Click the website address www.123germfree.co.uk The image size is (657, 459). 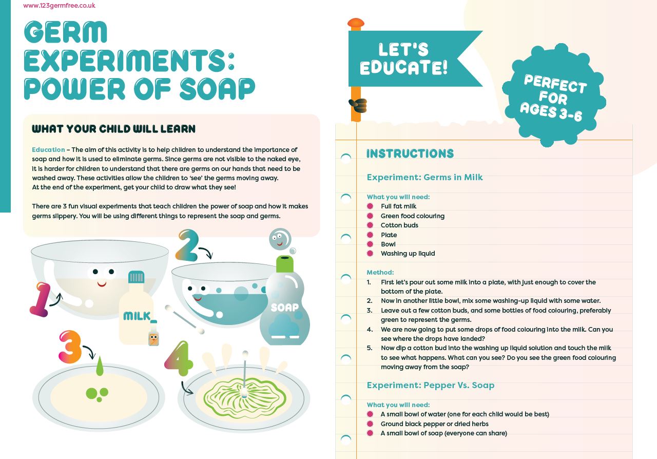pyautogui.click(x=59, y=5)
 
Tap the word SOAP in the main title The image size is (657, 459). pyautogui.click(x=217, y=89)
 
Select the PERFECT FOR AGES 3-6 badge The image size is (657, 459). pyautogui.click(x=554, y=95)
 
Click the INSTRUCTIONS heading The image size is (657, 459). pyautogui.click(x=410, y=154)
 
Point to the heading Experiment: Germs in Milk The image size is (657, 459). pyautogui.click(x=424, y=177)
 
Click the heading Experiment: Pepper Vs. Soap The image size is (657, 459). pyautogui.click(x=431, y=385)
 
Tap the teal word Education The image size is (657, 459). pyautogui.click(x=48, y=150)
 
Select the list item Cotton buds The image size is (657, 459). pyautogui.click(x=399, y=225)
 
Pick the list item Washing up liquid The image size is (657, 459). pyautogui.click(x=408, y=254)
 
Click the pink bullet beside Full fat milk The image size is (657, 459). pyautogui.click(x=370, y=206)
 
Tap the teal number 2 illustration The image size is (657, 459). pyautogui.click(x=187, y=245)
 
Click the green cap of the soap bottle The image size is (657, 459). pyautogui.click(x=284, y=264)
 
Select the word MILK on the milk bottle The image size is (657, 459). pyautogui.click(x=137, y=316)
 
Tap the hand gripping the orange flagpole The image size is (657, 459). pyautogui.click(x=358, y=106)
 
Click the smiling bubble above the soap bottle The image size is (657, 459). pyautogui.click(x=280, y=239)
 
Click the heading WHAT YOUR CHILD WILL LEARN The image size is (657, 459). pyautogui.click(x=113, y=129)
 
